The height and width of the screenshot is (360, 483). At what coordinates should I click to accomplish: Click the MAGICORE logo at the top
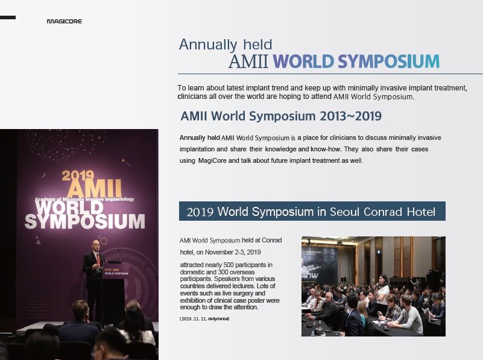(x=64, y=21)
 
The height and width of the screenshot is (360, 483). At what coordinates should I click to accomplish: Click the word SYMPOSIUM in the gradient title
(x=388, y=61)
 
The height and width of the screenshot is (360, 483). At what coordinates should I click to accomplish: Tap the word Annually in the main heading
(x=208, y=45)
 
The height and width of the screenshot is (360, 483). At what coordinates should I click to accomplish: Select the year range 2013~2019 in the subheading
(x=350, y=116)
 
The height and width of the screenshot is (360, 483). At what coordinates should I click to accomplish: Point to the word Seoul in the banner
(x=345, y=212)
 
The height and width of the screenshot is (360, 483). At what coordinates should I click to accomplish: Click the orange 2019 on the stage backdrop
(x=78, y=175)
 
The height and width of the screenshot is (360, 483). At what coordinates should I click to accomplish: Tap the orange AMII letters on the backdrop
(x=95, y=188)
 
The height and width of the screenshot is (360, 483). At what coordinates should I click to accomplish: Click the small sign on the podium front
(x=116, y=271)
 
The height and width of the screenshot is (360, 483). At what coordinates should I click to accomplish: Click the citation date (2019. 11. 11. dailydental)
(x=204, y=319)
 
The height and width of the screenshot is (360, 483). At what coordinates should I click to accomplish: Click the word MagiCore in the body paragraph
(x=212, y=160)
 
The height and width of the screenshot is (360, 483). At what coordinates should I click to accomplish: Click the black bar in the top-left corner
(x=8, y=17)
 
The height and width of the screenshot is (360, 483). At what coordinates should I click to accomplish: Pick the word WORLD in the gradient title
(x=303, y=61)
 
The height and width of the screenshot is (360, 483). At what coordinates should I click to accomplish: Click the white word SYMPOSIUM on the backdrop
(x=84, y=221)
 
